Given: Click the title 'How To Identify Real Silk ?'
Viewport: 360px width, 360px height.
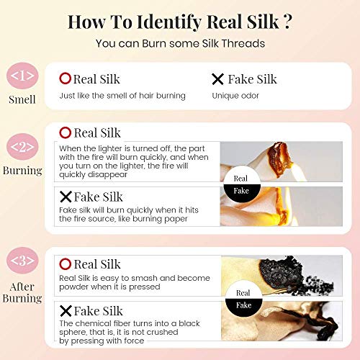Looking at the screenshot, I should coord(179,21).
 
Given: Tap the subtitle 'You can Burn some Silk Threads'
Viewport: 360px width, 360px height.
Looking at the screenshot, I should coord(180,43).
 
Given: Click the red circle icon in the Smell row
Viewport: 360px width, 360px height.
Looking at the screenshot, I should coord(64,79).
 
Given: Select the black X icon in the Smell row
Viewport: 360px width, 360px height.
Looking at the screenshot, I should coord(217,79).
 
